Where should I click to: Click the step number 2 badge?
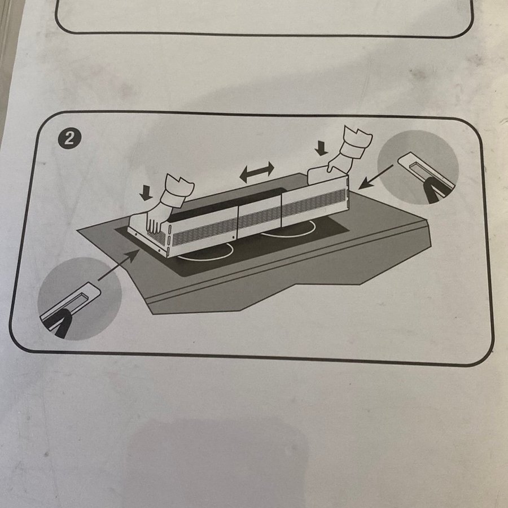(69, 138)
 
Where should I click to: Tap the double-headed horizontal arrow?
(257, 172)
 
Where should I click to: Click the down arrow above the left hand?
(146, 193)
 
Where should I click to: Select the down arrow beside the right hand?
(321, 148)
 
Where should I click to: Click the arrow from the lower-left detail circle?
(118, 265)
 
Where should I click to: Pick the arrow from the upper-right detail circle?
(375, 177)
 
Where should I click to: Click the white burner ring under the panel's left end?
(207, 253)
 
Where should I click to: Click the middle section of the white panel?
(260, 217)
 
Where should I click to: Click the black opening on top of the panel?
(227, 205)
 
